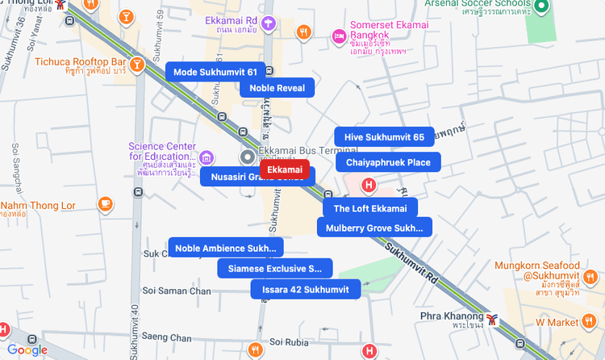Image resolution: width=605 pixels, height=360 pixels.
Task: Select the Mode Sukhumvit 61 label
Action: click(x=215, y=72)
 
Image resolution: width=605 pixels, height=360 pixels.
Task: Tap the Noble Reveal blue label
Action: click(x=277, y=88)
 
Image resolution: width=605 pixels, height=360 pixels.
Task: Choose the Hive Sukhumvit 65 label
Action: click(x=384, y=137)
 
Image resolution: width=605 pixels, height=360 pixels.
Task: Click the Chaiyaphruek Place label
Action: click(x=388, y=162)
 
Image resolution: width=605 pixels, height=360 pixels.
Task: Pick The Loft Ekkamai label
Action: click(x=370, y=208)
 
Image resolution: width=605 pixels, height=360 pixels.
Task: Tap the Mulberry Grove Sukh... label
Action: click(x=374, y=228)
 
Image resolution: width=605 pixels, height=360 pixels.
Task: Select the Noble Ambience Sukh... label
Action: click(x=225, y=248)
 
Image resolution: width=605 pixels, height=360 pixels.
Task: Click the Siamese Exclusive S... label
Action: click(x=274, y=268)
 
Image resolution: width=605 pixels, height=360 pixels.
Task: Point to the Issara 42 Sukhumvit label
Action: click(x=305, y=289)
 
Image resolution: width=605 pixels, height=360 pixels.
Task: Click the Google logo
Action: click(x=27, y=350)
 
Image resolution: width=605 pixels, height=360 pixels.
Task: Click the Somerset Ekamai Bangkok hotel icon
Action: click(x=340, y=36)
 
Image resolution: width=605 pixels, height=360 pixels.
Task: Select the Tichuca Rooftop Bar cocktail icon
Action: click(x=138, y=62)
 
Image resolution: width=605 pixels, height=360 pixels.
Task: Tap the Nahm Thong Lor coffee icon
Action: click(x=105, y=203)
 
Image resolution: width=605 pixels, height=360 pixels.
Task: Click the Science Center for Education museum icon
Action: click(x=207, y=156)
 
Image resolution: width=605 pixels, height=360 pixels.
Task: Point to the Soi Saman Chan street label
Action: click(x=177, y=291)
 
